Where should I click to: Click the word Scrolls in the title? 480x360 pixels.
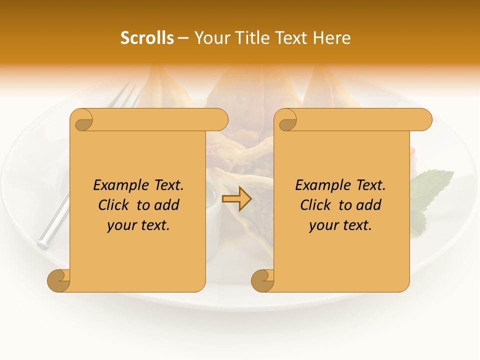pyautogui.click(x=147, y=38)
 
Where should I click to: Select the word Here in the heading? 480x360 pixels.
pyautogui.click(x=332, y=38)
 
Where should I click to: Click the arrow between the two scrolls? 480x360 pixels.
pyautogui.click(x=236, y=198)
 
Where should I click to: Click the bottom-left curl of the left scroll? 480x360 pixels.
pyautogui.click(x=59, y=281)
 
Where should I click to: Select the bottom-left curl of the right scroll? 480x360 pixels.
pyautogui.click(x=263, y=281)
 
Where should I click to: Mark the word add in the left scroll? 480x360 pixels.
pyautogui.click(x=167, y=205)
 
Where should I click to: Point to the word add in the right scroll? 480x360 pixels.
pyautogui.click(x=369, y=205)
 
